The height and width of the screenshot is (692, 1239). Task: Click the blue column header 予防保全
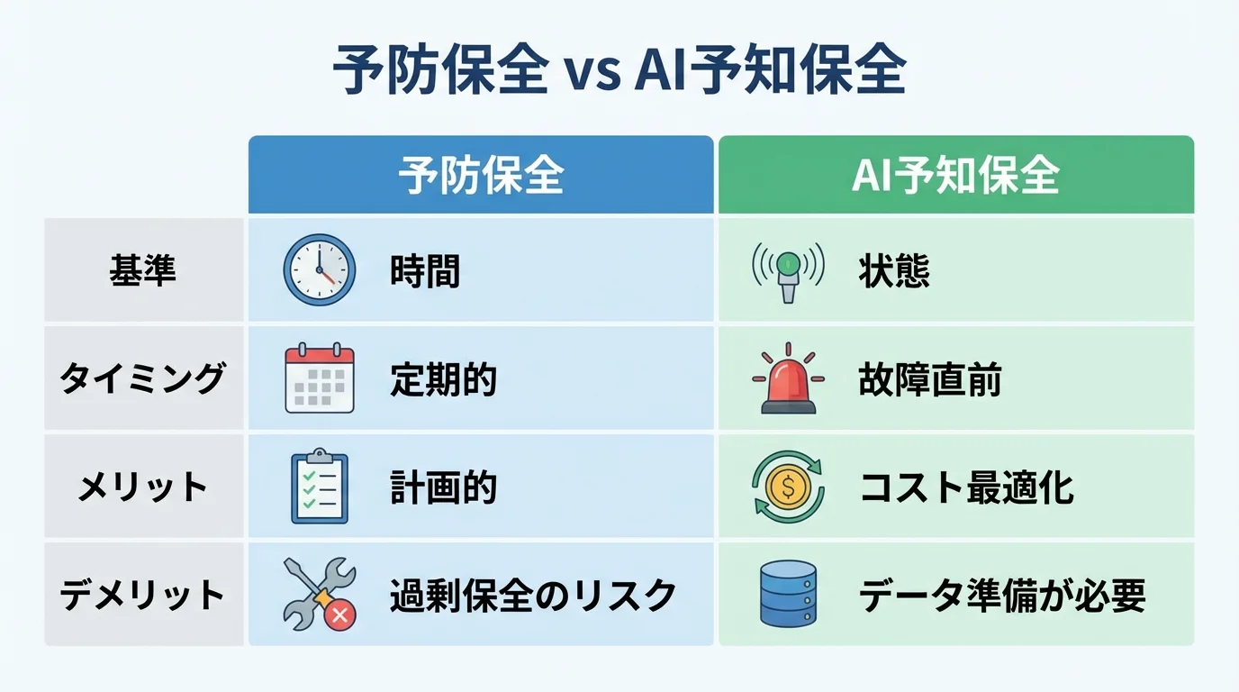(481, 175)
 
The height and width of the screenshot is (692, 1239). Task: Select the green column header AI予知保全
(955, 175)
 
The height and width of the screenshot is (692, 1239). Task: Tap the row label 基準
(142, 270)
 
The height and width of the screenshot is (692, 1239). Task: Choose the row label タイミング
(142, 378)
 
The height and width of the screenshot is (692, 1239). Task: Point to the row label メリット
(142, 487)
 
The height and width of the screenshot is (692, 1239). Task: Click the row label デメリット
(142, 596)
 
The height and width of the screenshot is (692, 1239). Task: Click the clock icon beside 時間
(320, 269)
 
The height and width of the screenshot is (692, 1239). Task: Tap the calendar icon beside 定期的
(320, 378)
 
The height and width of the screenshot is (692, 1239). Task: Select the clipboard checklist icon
(320, 487)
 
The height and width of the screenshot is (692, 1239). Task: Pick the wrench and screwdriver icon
(320, 594)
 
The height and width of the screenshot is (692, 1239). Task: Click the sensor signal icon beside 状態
(788, 270)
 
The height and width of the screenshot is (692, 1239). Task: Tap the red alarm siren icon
(788, 379)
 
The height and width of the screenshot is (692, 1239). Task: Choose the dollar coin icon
(788, 487)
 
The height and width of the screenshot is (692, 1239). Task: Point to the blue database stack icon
(788, 594)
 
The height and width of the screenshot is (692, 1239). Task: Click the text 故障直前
(929, 379)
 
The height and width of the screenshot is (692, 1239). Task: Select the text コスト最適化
(966, 487)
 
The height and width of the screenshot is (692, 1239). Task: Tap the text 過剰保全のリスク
(532, 596)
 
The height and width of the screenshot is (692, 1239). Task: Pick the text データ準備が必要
(1002, 596)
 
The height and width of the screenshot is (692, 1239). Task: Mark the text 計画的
(443, 487)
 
